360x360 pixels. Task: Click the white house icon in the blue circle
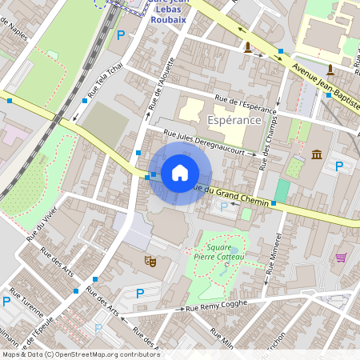click(180, 173)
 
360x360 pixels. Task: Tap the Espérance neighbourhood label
click(234, 119)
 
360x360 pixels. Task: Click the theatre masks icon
click(149, 261)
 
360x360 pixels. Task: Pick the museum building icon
click(317, 154)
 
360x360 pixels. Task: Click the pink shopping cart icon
click(342, 258)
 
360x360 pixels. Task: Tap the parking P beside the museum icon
click(339, 166)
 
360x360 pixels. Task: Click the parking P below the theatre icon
click(140, 294)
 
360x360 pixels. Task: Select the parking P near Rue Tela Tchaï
click(121, 34)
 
